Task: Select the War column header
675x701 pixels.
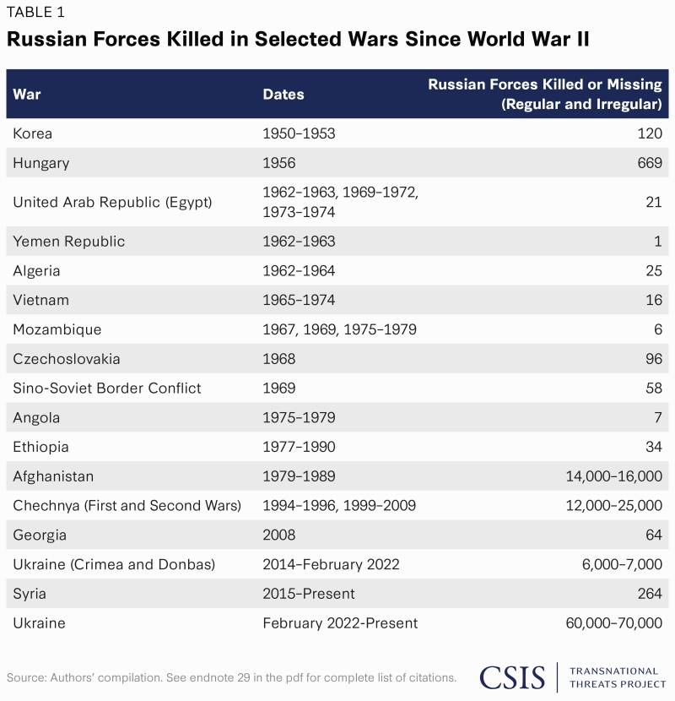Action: click(x=27, y=94)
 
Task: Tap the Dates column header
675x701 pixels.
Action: click(x=283, y=94)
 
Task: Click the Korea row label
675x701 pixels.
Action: click(x=33, y=133)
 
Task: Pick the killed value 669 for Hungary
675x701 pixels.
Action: click(x=650, y=163)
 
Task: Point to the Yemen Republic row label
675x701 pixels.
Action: click(x=69, y=242)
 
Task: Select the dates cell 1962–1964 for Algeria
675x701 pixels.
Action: click(x=299, y=271)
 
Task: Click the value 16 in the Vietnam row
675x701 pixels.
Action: click(x=654, y=300)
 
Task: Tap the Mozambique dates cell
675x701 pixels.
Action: click(x=339, y=329)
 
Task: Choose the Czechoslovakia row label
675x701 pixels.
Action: click(x=67, y=359)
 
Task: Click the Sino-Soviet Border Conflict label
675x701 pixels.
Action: click(x=107, y=389)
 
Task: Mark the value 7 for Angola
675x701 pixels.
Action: click(x=657, y=418)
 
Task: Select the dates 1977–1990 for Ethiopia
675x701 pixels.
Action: click(x=299, y=447)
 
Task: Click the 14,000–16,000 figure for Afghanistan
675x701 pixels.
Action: click(x=613, y=476)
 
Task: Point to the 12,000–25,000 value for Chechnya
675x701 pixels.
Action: click(x=613, y=506)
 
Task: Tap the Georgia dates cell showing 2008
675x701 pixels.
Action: click(x=278, y=535)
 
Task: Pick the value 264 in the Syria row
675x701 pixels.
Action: click(x=650, y=594)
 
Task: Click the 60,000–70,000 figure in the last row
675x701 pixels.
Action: click(x=613, y=623)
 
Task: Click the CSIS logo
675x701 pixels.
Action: click(x=514, y=677)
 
